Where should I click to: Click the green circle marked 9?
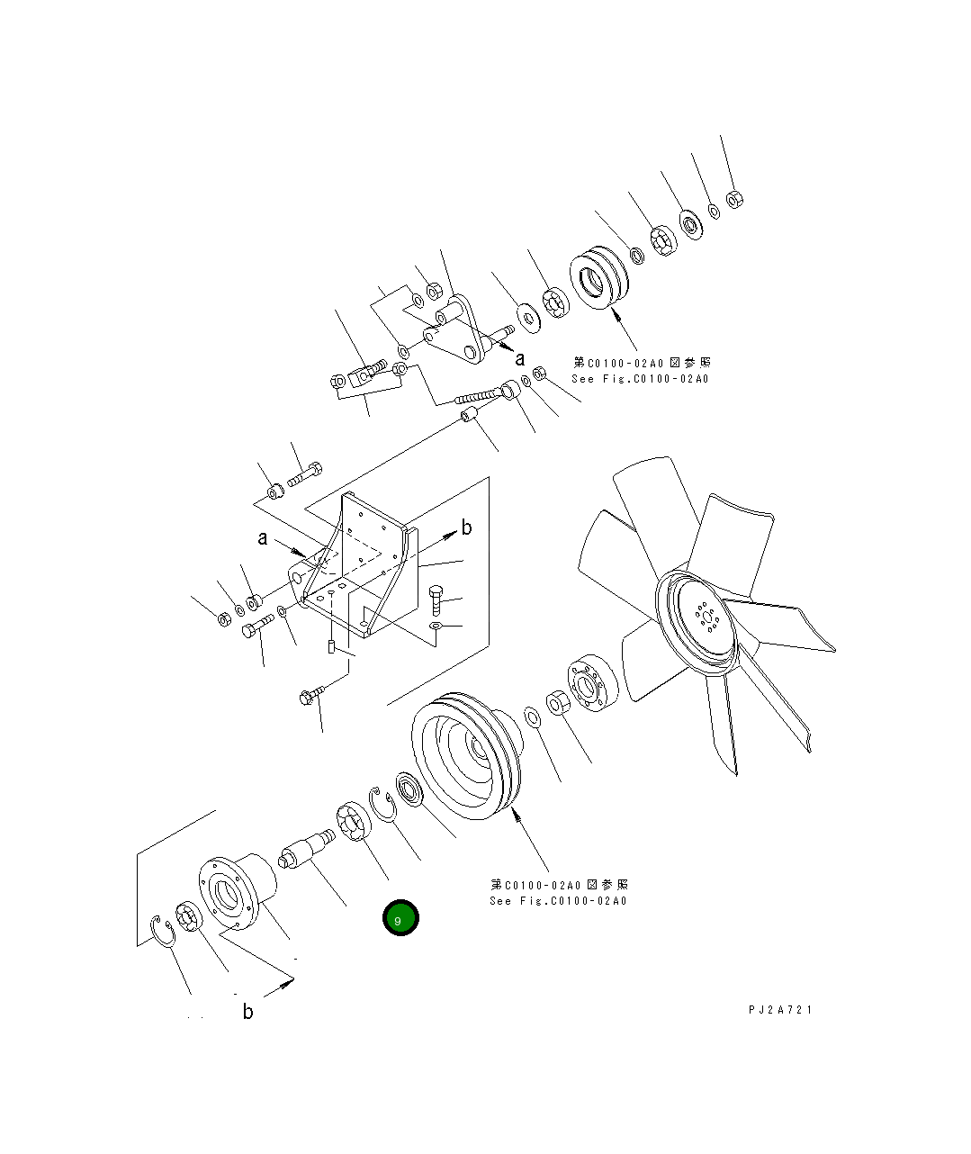pos(400,917)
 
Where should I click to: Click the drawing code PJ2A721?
pos(779,1010)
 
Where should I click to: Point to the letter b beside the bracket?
pos(466,528)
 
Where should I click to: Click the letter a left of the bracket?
pos(262,539)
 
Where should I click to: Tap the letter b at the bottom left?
pos(247,1012)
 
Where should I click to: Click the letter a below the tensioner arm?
pos(519,359)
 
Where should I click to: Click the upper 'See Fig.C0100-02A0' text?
pos(640,379)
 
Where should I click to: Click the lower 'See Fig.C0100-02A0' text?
pos(558,901)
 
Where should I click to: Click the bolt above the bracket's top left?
pos(305,472)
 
